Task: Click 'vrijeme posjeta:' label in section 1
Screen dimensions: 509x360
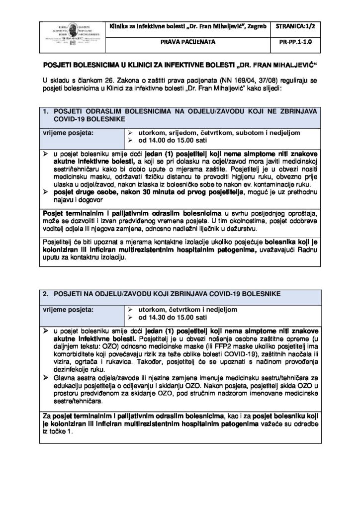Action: [66, 133]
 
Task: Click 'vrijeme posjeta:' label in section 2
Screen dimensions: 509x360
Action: [66, 309]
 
